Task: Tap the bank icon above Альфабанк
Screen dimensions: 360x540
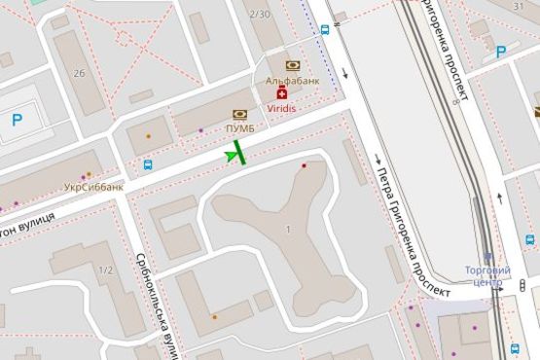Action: pyautogui.click(x=292, y=66)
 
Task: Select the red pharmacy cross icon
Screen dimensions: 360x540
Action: pyautogui.click(x=283, y=94)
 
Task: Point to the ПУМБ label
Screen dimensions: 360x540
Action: pyautogui.click(x=240, y=128)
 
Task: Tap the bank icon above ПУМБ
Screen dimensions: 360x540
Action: pyautogui.click(x=240, y=115)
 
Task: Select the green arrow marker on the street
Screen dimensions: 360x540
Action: pyautogui.click(x=234, y=154)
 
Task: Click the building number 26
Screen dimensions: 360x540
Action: pyautogui.click(x=79, y=74)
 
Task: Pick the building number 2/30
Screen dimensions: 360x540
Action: pyautogui.click(x=260, y=14)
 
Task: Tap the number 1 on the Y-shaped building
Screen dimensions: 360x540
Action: pyautogui.click(x=288, y=229)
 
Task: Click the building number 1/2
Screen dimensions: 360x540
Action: pyautogui.click(x=105, y=270)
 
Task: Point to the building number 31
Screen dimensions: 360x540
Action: pyautogui.click(x=518, y=7)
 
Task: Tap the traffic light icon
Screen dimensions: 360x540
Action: pyautogui.click(x=496, y=284)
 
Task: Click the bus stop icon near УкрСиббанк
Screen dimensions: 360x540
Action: pyautogui.click(x=148, y=164)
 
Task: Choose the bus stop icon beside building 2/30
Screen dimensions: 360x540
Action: pyautogui.click(x=324, y=29)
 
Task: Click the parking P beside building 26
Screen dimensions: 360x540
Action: pyautogui.click(x=17, y=121)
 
